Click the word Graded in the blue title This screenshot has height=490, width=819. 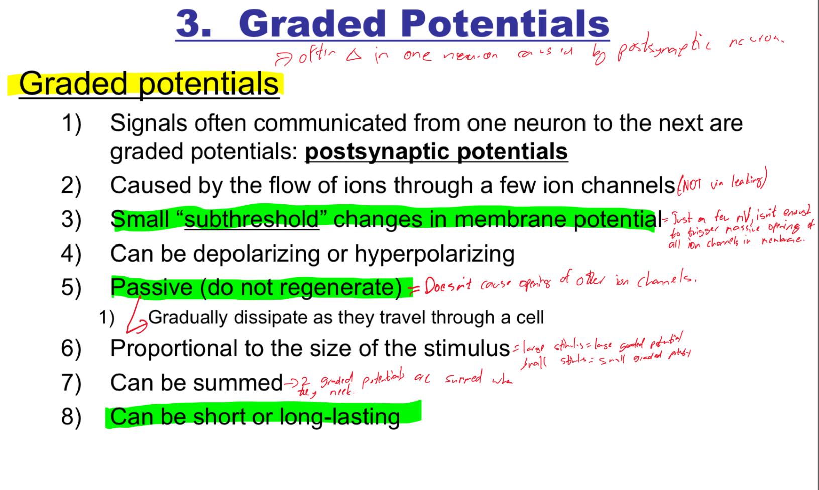[x=312, y=24]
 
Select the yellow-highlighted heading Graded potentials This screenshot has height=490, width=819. [x=149, y=84]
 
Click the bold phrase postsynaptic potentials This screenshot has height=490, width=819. [x=436, y=152]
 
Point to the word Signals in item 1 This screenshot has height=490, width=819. [x=149, y=124]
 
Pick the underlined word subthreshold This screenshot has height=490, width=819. [x=252, y=220]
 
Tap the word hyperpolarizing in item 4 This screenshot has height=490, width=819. [x=434, y=254]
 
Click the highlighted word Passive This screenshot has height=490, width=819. [x=151, y=287]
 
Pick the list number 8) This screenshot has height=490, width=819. [x=71, y=417]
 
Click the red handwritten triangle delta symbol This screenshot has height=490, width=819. [x=354, y=55]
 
